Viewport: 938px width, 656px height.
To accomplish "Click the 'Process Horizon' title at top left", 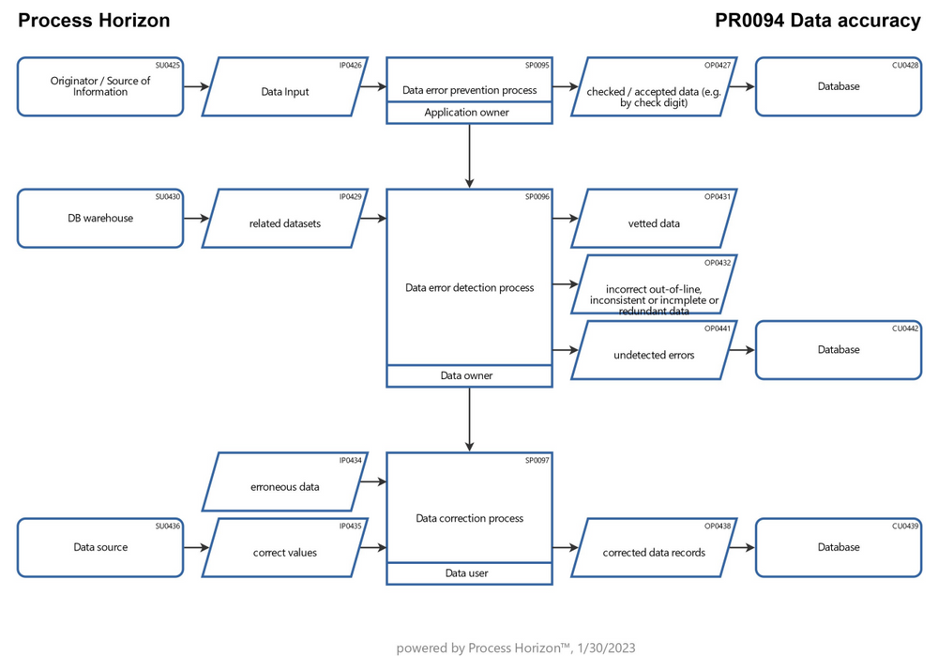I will tap(94, 21).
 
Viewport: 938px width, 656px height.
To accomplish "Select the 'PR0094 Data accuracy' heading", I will tap(817, 21).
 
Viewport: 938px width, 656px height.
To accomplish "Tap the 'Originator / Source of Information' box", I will tap(100, 86).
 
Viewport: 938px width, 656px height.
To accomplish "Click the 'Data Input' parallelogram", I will tap(284, 91).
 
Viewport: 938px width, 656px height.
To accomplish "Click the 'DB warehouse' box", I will tap(100, 218).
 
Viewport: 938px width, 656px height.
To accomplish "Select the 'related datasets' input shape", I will tap(284, 223).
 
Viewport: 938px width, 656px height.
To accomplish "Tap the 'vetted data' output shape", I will tap(654, 223).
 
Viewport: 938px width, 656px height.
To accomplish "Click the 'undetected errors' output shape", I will tap(654, 355).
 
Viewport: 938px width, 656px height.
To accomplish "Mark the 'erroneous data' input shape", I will tap(284, 486).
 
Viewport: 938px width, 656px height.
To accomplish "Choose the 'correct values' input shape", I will tap(284, 552).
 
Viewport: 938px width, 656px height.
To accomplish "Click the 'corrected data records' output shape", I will tap(654, 552).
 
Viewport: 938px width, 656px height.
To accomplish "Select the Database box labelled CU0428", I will tap(838, 86).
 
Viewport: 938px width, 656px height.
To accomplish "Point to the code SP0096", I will tap(537, 196).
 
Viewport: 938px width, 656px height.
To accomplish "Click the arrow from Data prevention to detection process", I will tap(469, 156).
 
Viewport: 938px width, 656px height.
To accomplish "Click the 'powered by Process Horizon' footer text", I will tap(515, 647).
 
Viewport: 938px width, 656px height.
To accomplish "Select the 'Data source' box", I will tap(100, 547).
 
